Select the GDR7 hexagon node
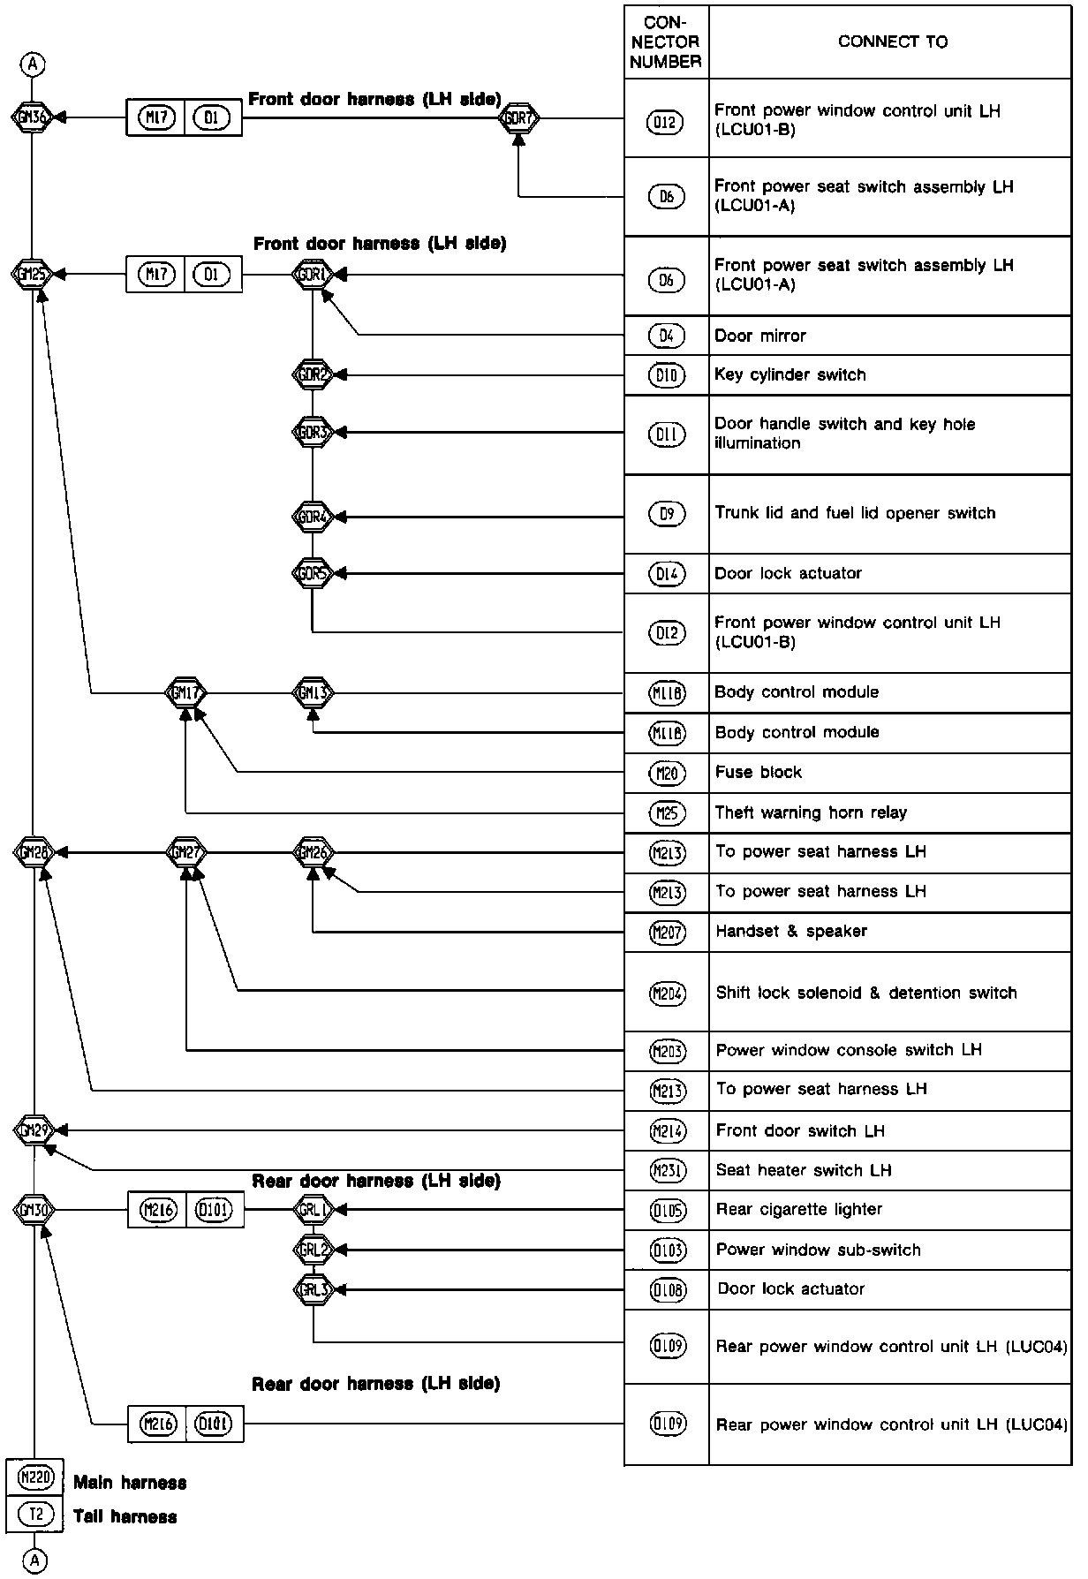[x=518, y=117]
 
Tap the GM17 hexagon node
[x=185, y=693]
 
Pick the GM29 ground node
[x=34, y=1129]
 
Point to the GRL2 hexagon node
[x=314, y=1250]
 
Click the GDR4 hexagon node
[x=313, y=517]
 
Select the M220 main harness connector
[x=35, y=1477]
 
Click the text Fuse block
[x=758, y=773]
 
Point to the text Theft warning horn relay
[x=810, y=812]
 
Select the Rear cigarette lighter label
[x=798, y=1209]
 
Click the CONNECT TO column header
[x=892, y=42]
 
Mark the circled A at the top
[x=33, y=64]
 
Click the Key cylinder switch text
[x=790, y=374]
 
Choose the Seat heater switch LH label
[x=803, y=1170]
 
